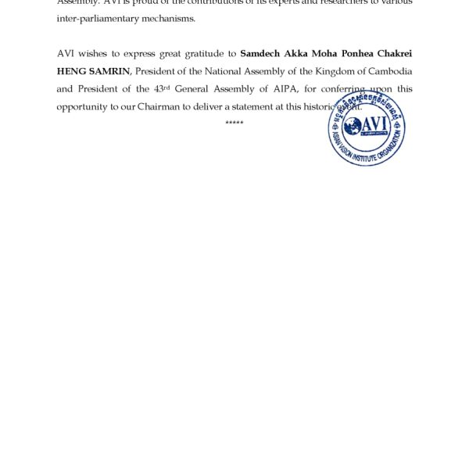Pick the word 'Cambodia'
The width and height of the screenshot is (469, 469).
pyautogui.click(x=388, y=71)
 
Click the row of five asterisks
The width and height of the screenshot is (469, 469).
pyautogui.click(x=234, y=124)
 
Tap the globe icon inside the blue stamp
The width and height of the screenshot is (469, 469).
pyautogui.click(x=349, y=126)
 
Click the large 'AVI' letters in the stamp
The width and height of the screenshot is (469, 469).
pyautogui.click(x=374, y=124)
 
